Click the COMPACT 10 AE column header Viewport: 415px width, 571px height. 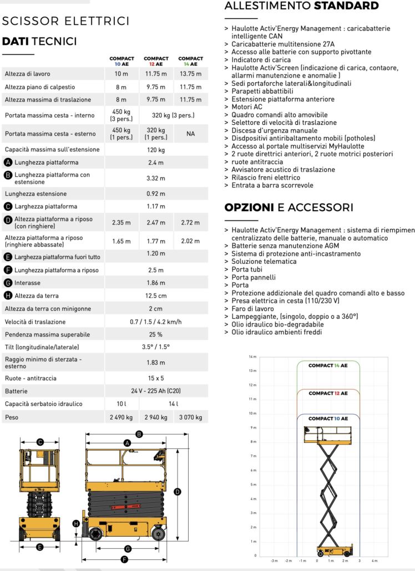pos(122,61)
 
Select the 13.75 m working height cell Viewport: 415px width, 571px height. pos(190,74)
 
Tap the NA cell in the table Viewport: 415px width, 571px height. pos(190,134)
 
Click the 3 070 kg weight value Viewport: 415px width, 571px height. pos(190,417)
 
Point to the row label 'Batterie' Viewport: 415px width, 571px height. pos(16,391)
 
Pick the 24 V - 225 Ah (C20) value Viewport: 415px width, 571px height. pos(156,391)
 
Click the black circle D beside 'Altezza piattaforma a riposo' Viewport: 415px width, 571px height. pos(8,220)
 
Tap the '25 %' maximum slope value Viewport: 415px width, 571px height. pos(156,334)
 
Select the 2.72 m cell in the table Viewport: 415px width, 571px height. pos(190,223)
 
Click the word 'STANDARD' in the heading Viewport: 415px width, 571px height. pos(346,6)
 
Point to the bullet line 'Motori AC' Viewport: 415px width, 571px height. pos(247,106)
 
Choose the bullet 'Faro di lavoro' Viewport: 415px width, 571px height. pos(252,308)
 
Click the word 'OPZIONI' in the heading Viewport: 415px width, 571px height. pos(249,208)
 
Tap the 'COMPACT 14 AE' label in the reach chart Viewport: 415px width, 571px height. pos(328,366)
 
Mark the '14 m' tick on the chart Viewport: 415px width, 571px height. pos(252,356)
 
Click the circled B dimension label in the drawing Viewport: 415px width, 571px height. pos(139,434)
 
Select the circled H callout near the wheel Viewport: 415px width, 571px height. pos(77,523)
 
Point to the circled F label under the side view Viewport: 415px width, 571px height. pos(124,560)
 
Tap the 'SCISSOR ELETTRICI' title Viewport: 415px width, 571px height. pos(66,22)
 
